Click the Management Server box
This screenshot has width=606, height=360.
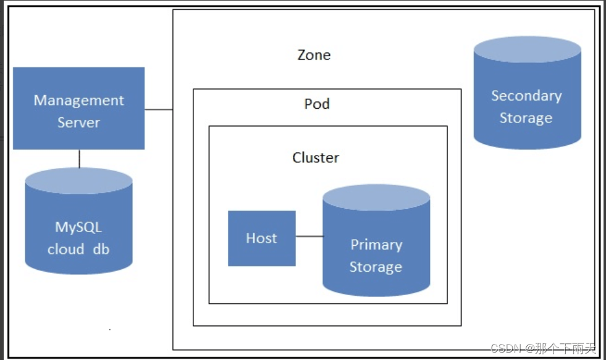point(78,109)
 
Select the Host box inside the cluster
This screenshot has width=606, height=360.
point(261,238)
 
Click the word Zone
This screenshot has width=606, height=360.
point(314,55)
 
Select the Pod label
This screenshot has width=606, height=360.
point(317,104)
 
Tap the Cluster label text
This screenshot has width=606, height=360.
point(316,157)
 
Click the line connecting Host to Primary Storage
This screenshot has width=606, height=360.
point(309,236)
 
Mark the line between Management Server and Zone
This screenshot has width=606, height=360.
point(158,110)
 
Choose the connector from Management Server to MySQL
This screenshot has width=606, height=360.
point(79,158)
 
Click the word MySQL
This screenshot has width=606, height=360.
point(78,227)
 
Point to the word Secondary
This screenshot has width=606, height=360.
point(526,96)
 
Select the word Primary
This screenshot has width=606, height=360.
point(376,245)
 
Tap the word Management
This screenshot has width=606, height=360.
point(78,100)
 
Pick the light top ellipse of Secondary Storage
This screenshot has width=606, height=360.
point(527,49)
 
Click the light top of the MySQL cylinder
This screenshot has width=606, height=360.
point(78,180)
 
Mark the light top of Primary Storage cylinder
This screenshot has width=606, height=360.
point(376,198)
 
